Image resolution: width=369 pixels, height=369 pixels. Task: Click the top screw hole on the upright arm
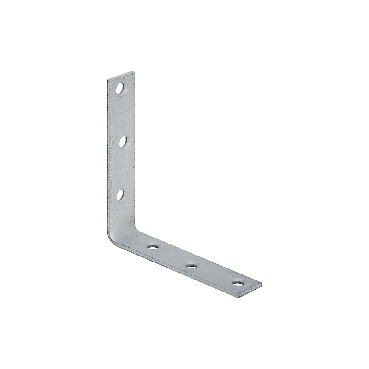(x=120, y=89)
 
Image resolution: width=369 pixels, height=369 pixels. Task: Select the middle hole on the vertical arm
(x=123, y=142)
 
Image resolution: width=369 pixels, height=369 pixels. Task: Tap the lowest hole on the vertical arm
(x=120, y=195)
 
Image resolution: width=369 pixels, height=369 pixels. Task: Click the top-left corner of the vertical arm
(x=108, y=80)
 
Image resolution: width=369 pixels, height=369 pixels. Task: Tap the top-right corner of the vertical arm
(x=134, y=72)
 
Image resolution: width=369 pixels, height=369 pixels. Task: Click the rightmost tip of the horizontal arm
(x=261, y=284)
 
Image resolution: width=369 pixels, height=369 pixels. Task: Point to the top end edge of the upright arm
(x=121, y=76)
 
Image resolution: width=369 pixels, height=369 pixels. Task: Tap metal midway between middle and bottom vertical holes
(x=122, y=168)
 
